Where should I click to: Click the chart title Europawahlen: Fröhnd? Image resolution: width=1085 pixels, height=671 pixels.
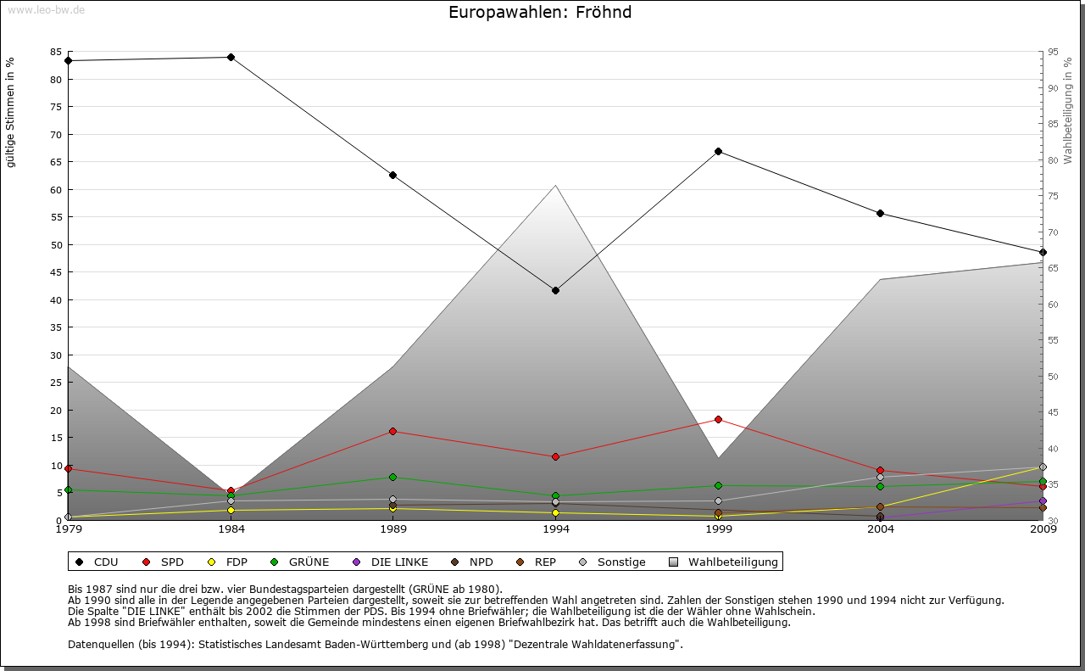click(540, 13)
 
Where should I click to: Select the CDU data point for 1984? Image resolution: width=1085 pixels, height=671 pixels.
click(231, 58)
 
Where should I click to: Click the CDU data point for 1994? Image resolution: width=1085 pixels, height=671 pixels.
click(555, 291)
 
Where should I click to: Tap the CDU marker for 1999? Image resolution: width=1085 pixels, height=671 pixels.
click(718, 152)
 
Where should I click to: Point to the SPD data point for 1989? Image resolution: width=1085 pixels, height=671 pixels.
click(393, 432)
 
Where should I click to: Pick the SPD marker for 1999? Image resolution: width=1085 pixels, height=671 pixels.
click(718, 420)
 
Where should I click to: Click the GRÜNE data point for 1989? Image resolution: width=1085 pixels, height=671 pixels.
click(393, 478)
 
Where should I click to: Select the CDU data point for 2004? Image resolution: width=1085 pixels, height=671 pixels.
click(881, 213)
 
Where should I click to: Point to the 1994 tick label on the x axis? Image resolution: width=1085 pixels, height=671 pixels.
click(556, 530)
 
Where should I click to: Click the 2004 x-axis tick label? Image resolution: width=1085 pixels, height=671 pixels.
click(881, 530)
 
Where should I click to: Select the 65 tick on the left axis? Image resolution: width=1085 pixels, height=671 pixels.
click(55, 162)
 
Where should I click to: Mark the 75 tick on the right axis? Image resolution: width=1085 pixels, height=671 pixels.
click(1052, 196)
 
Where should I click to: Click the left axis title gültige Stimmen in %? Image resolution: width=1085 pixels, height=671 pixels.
click(11, 112)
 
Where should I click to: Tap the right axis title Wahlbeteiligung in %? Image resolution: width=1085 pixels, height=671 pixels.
click(1068, 111)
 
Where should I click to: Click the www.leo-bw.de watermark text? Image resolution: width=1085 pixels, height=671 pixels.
click(46, 9)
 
